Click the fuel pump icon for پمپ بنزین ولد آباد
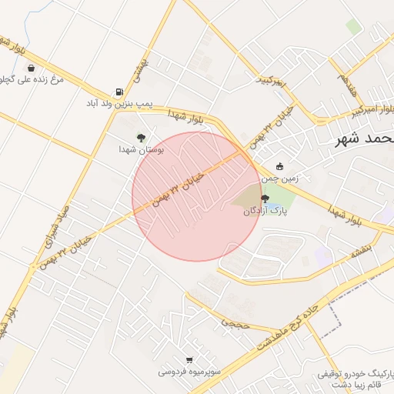pyautogui.click(x=119, y=90)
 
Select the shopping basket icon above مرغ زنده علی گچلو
pyautogui.click(x=30, y=68)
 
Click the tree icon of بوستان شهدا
pyautogui.click(x=141, y=137)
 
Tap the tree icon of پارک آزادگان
pyautogui.click(x=265, y=199)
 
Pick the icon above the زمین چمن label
pyautogui.click(x=279, y=166)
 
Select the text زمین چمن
pyautogui.click(x=280, y=178)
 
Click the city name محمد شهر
pyautogui.click(x=365, y=139)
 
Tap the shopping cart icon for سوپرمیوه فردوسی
pyautogui.click(x=189, y=359)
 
